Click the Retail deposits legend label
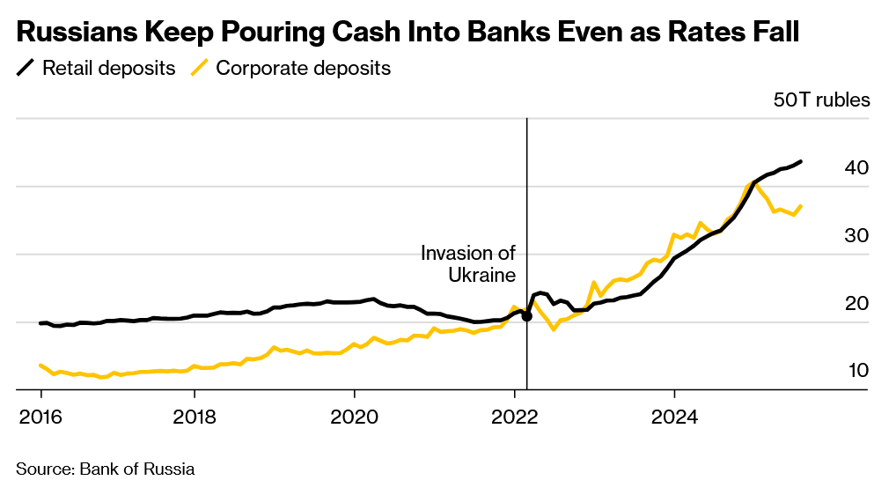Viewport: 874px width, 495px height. [x=108, y=68]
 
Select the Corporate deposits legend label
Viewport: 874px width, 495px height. [x=303, y=68]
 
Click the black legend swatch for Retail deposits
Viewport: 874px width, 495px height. [x=26, y=68]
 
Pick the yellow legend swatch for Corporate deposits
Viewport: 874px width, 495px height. [x=201, y=68]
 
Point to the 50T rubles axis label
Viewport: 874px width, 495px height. [x=820, y=99]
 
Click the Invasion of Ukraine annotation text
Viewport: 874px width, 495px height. [x=468, y=264]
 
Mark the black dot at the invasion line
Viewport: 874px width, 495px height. [x=526, y=315]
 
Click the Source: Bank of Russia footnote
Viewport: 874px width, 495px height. [x=105, y=469]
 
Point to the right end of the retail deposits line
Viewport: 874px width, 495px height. [x=800, y=161]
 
